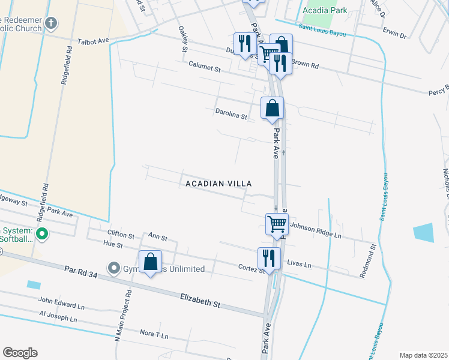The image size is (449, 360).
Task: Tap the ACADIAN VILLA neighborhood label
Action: pos(218,183)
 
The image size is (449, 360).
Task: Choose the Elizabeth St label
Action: pos(200,301)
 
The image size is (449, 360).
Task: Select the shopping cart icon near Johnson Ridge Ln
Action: pos(277,224)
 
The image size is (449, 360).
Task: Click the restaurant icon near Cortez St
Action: pos(268,258)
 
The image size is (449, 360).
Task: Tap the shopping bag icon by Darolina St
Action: pos(272,108)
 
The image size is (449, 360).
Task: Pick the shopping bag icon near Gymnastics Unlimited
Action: pos(150,262)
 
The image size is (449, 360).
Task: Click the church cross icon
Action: pos(51,24)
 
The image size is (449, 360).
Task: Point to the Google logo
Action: pos(20,353)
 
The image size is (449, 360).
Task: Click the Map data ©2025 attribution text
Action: pos(423,355)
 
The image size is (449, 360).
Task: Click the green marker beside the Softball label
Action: pos(41,233)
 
